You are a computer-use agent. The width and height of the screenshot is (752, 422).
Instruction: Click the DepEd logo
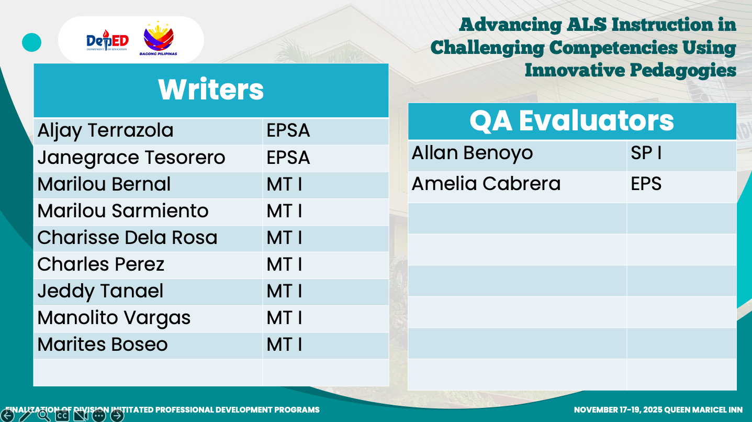point(107,40)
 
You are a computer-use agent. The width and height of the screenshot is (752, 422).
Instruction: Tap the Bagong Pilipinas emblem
point(159,38)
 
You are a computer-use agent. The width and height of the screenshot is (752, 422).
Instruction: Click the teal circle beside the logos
point(31,42)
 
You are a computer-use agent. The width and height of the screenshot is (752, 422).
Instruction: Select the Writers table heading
point(211,90)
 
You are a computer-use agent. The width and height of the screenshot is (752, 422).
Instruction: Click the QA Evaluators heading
point(572,120)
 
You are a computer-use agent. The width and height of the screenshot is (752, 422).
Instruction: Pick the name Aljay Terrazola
point(105,130)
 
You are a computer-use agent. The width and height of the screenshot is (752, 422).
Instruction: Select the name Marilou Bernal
point(104,184)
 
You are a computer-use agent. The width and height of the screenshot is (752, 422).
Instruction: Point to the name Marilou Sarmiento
point(123,211)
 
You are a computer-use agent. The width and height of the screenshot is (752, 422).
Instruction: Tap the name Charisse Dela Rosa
point(127,238)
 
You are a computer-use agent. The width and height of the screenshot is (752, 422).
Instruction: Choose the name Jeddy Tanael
point(100,291)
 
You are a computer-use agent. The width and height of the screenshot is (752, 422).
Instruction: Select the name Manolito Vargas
point(114,318)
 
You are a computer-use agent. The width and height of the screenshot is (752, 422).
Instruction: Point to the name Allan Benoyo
point(473,153)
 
